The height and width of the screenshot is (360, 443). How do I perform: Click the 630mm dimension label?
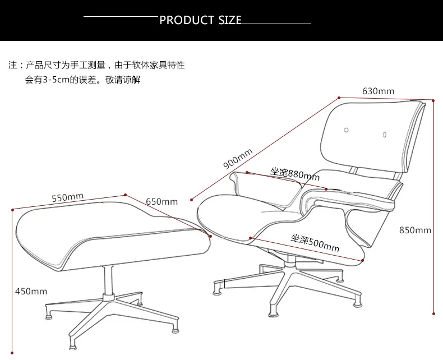pyautogui.click(x=378, y=91)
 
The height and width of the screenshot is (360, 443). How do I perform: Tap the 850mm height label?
pyautogui.click(x=415, y=230)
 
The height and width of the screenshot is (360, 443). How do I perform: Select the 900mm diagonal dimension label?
pyautogui.click(x=238, y=159)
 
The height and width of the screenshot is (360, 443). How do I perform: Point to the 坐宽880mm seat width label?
pyautogui.click(x=294, y=174)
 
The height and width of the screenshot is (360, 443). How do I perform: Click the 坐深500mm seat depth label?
pyautogui.click(x=315, y=243)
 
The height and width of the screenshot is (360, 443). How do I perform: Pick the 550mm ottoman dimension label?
pyautogui.click(x=68, y=197)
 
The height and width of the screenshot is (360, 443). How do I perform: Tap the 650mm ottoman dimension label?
pyautogui.click(x=161, y=201)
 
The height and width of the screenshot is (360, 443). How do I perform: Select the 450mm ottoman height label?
pyautogui.click(x=31, y=291)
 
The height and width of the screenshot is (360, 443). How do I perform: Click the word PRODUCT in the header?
pyautogui.click(x=187, y=20)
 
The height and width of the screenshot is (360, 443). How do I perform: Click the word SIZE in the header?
pyautogui.click(x=230, y=20)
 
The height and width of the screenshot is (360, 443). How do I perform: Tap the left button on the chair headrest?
pyautogui.click(x=346, y=130)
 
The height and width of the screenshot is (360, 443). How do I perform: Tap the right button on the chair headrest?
pyautogui.click(x=385, y=134)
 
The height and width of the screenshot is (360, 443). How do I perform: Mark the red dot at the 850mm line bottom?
pyautogui.click(x=433, y=313)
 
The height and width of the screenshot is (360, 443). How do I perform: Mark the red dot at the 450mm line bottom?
pyautogui.click(x=12, y=353)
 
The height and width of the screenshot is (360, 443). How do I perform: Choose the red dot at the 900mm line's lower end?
pyautogui.click(x=192, y=200)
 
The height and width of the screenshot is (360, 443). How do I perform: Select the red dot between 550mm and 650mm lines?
pyautogui.click(x=126, y=195)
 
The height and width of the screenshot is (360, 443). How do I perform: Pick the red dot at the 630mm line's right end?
pyautogui.click(x=433, y=100)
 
